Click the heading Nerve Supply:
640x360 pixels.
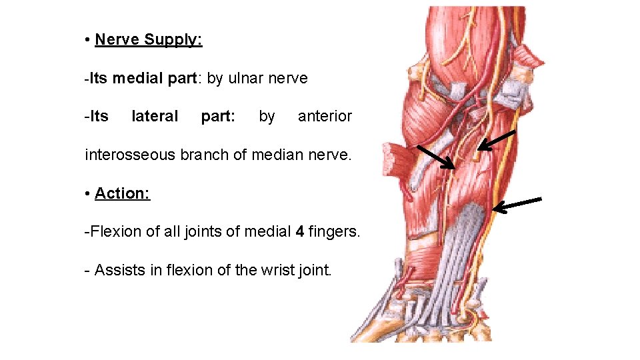[148, 39]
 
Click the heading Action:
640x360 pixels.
[122, 193]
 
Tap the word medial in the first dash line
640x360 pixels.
[136, 78]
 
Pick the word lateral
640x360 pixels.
[155, 117]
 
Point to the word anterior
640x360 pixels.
[325, 117]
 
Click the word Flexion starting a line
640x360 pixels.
[114, 232]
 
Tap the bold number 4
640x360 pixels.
[301, 232]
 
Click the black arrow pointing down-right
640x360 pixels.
[435, 157]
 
